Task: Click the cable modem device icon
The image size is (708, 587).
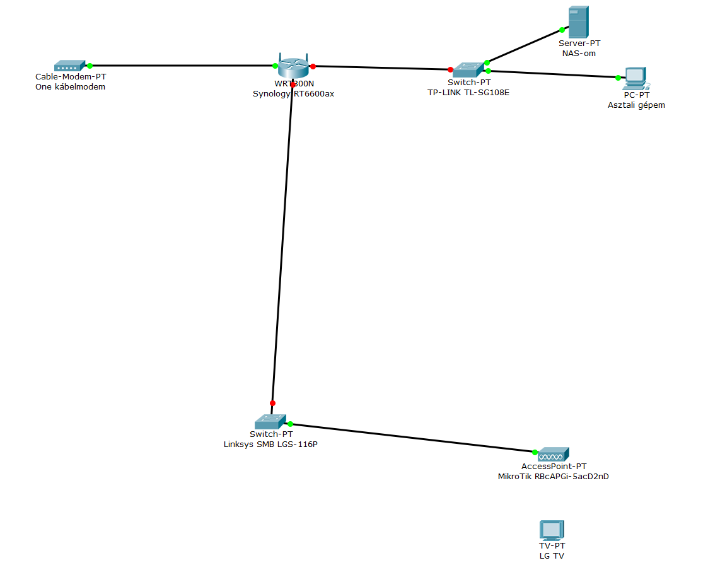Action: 69,65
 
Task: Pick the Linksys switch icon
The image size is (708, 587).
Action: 270,422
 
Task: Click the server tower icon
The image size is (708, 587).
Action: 578,21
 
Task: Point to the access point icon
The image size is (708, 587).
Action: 553,453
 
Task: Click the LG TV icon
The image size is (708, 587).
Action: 551,530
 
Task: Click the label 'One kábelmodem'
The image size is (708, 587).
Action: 71,87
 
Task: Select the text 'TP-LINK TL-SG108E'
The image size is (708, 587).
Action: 468,92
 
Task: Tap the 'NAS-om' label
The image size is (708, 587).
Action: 579,54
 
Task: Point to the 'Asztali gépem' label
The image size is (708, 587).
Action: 636,105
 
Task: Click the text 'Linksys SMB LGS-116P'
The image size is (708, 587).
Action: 270,444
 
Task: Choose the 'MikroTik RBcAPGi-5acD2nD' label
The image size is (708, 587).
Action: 553,477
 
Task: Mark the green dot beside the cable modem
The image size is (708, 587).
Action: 90,66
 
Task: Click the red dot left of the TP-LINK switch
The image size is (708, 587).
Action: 450,69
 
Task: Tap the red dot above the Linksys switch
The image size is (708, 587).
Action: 272,403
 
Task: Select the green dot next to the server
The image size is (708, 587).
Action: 560,30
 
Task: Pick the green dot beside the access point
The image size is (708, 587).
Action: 535,452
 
